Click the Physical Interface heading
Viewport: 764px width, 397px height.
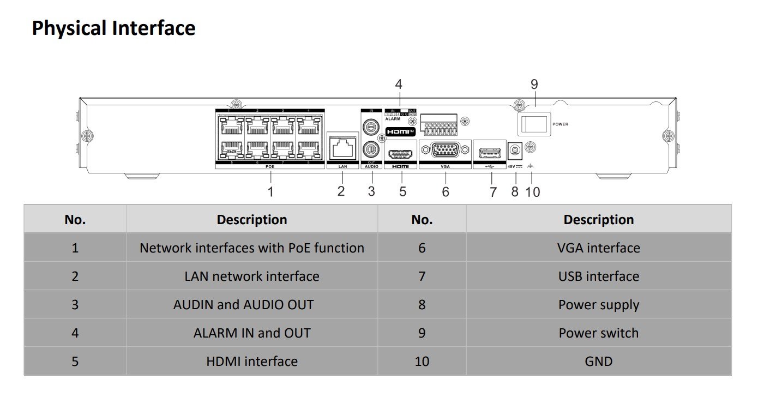coord(113,28)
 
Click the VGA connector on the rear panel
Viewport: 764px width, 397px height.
coord(445,150)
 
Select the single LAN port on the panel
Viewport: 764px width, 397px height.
coord(342,147)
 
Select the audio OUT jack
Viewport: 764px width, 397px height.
coord(372,148)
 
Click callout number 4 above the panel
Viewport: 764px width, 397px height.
coord(399,85)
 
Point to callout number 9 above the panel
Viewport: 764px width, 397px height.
coord(534,85)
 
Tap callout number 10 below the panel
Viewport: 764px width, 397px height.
coord(533,192)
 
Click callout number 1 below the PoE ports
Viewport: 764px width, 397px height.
coord(270,192)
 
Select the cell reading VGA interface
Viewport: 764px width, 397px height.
coord(598,248)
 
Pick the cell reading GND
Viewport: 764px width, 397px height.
coord(598,361)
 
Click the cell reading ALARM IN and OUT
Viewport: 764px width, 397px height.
coord(251,333)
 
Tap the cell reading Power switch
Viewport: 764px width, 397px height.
coord(598,333)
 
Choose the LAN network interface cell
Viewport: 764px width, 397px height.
coord(251,276)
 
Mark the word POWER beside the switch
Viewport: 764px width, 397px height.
coord(560,124)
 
